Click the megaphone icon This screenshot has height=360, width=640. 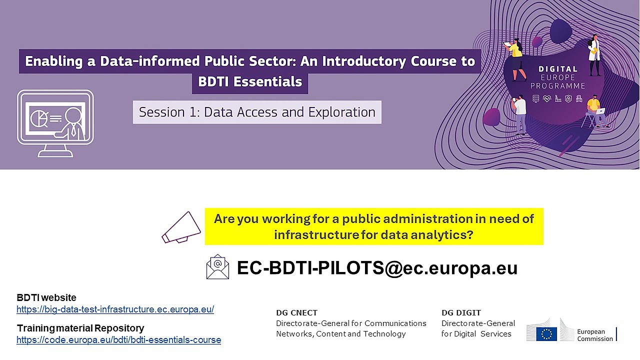coord(181,227)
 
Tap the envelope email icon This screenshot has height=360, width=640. coord(217,267)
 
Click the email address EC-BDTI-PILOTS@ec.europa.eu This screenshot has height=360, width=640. coord(377,268)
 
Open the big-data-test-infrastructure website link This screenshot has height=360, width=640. coord(115,309)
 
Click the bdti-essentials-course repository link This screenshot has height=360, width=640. coord(118,340)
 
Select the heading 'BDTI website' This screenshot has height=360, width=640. coord(46,298)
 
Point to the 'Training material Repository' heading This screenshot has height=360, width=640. coord(80,328)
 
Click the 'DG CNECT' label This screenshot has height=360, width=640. coord(296,313)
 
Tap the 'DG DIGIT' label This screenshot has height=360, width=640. coord(461,313)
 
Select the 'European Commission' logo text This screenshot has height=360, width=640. coord(594,335)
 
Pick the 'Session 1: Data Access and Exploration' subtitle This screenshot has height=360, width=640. coord(257,112)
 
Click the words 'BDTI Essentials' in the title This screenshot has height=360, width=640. coord(250,81)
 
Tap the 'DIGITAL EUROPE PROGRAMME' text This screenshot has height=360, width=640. coord(557,77)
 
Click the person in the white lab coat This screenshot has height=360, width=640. coord(594,55)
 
